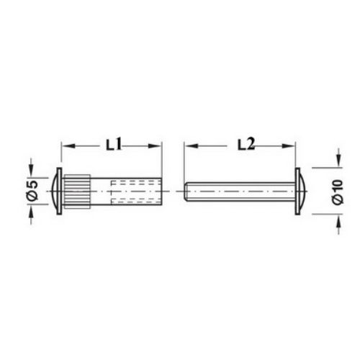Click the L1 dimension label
point(114,145)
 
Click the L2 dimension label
point(246,145)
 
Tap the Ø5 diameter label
point(33,191)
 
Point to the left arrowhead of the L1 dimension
point(68,146)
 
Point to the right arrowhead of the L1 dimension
point(155,146)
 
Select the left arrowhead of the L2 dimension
point(192,146)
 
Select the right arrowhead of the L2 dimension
point(289,146)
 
